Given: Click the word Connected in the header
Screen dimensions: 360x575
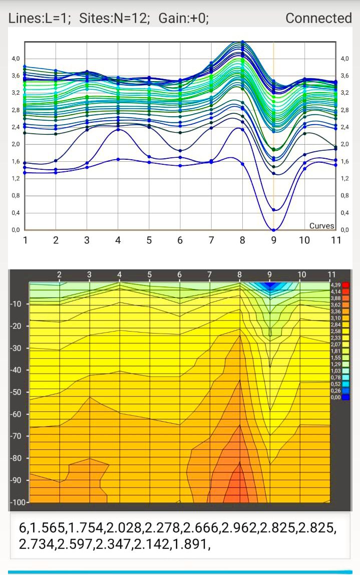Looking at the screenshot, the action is point(318,18).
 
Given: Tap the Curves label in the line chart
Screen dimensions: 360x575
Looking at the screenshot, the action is point(322,226).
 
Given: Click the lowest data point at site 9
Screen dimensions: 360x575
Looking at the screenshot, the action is point(273,230).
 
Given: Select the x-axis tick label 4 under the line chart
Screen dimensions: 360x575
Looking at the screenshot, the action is point(118,240).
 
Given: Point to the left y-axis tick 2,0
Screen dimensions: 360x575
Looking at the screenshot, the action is point(16,144).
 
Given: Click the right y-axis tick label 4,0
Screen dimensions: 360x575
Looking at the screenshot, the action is point(344,59).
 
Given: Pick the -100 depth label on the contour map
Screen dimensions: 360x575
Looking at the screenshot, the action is point(18,502).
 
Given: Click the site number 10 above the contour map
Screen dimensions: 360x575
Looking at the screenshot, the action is point(301,274).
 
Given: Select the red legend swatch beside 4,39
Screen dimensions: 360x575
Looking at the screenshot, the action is point(345,285).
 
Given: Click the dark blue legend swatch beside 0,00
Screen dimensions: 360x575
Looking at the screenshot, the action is point(345,397).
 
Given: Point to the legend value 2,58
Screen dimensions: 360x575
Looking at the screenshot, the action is point(335,331).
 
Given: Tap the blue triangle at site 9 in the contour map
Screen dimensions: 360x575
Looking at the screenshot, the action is point(270,285).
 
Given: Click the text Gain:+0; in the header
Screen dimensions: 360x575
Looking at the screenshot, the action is point(184,18).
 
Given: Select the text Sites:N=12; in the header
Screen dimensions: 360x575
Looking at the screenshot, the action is point(114,18).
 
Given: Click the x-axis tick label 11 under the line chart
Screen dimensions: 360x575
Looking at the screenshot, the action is point(336,240).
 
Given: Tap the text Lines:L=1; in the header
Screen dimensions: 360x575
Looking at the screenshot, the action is point(39,18).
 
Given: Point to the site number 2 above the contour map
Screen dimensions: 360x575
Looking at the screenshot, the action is point(60,274).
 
